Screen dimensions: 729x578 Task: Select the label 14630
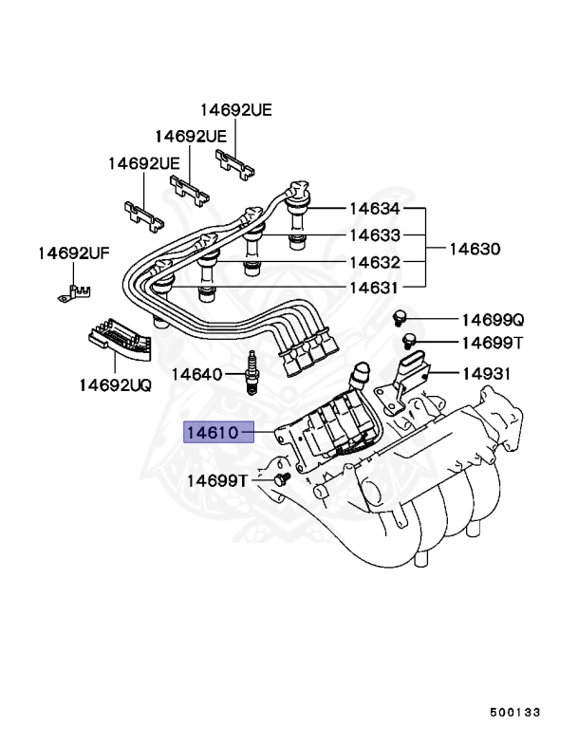[x=474, y=249]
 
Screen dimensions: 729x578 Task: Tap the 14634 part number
[x=374, y=209]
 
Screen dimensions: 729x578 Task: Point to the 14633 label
[x=374, y=235]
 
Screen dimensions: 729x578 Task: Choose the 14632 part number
[x=374, y=262]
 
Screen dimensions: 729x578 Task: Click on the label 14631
[x=374, y=288]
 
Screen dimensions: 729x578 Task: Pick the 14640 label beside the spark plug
[x=196, y=374]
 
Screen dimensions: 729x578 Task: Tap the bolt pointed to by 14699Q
[x=401, y=316]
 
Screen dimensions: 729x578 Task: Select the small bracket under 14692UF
[x=72, y=290]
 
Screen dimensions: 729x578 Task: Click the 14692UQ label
[x=115, y=385]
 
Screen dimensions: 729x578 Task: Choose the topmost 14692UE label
[x=235, y=110]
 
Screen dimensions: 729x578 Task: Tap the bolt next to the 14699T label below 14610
[x=280, y=480]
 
